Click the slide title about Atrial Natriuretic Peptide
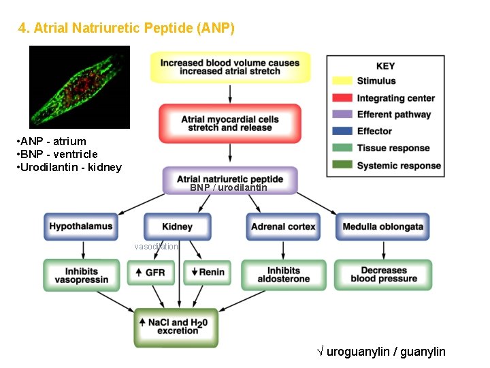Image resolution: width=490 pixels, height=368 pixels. [x=126, y=28]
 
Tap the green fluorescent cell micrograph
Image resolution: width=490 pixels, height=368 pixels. [x=80, y=87]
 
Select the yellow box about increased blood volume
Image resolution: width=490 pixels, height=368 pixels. [x=230, y=67]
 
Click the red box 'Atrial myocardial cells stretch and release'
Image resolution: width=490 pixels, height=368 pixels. [x=230, y=123]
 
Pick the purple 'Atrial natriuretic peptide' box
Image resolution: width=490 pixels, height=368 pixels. [x=230, y=180]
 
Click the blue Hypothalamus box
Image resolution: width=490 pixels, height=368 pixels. [x=80, y=226]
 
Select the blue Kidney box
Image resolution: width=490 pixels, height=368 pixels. [x=177, y=226]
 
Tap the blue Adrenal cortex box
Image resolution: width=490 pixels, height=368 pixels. [x=283, y=226]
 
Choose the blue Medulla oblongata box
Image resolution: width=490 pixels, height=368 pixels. [x=382, y=226]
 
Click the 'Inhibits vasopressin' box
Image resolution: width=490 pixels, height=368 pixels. [x=80, y=275]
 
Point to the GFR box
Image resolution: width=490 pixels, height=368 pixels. [x=150, y=273]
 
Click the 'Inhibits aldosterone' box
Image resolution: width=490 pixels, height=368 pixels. [x=283, y=275]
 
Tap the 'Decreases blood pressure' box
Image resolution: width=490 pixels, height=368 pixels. [x=383, y=275]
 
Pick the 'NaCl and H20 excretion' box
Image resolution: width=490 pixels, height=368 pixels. [x=178, y=326]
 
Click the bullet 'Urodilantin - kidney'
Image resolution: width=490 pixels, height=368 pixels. [x=68, y=167]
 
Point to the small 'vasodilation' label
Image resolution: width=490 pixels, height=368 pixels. [x=157, y=247]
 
